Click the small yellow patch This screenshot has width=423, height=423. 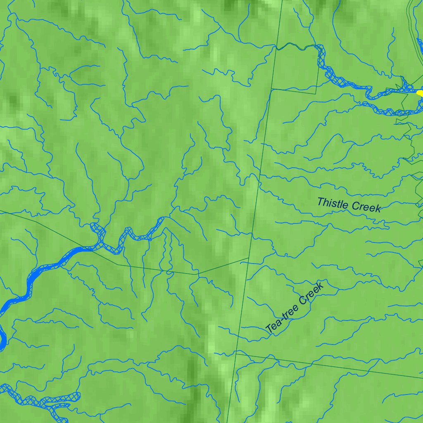420,93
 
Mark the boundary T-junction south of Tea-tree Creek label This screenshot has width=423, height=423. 236,353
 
